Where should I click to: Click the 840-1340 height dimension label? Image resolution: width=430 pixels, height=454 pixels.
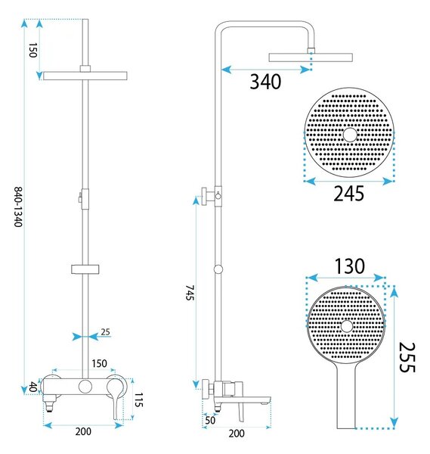coord(18,207)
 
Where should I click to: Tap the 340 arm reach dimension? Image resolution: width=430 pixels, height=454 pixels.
coord(265,82)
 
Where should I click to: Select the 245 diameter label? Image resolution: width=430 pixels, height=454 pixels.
coord(348,194)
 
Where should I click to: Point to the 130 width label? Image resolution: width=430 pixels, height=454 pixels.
coord(350,266)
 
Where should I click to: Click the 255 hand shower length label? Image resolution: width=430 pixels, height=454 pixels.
coord(407,357)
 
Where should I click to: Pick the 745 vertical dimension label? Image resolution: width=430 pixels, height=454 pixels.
coord(190,292)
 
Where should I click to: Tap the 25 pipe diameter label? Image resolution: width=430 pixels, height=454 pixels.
coord(105,332)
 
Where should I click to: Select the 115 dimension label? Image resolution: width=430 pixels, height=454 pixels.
coord(139,400)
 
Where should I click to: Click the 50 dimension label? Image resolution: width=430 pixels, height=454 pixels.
coord(210,420)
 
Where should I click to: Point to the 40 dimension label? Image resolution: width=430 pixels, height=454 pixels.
coord(33,387)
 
